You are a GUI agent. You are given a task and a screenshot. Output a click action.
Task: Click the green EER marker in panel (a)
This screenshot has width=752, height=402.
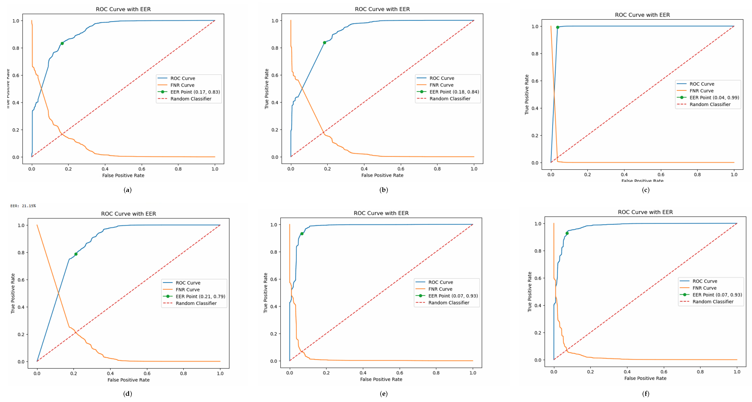pyautogui.click(x=62, y=44)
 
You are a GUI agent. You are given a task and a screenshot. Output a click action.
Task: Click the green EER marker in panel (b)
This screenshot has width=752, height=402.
pyautogui.click(x=324, y=43)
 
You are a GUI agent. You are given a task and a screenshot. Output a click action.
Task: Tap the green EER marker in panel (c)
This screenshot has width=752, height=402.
pyautogui.click(x=558, y=27)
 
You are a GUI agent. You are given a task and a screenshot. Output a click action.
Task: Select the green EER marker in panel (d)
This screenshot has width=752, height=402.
pyautogui.click(x=76, y=254)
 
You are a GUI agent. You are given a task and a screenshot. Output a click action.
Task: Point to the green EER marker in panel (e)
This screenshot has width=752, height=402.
pyautogui.click(x=302, y=234)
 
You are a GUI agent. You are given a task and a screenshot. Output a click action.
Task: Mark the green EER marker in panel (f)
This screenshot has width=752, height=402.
pyautogui.click(x=567, y=233)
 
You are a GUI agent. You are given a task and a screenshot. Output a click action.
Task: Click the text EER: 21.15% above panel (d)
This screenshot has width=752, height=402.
pyautogui.click(x=23, y=206)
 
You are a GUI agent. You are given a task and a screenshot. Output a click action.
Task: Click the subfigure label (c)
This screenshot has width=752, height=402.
pyautogui.click(x=646, y=190)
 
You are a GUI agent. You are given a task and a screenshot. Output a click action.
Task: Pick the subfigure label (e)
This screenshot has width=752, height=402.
pyautogui.click(x=383, y=394)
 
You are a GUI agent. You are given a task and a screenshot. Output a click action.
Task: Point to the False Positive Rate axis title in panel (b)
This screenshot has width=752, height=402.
pyautogui.click(x=382, y=175)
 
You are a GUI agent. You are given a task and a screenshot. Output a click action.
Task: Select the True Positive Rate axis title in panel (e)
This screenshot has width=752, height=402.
pyautogui.click(x=265, y=293)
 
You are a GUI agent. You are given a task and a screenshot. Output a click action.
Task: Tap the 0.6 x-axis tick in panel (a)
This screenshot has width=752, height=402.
pyautogui.click(x=142, y=169)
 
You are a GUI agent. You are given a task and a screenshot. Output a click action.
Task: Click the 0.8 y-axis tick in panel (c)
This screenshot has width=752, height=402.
pyautogui.click(x=535, y=54)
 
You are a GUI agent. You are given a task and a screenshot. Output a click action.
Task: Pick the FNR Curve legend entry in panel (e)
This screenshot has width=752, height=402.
pyautogui.click(x=440, y=289)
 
